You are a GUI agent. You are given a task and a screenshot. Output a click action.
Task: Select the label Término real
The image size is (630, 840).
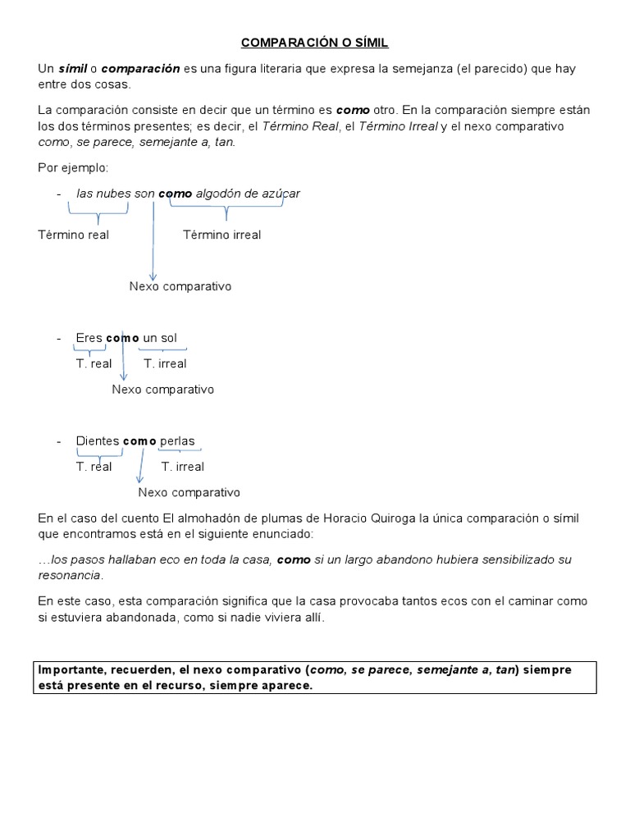coord(74,235)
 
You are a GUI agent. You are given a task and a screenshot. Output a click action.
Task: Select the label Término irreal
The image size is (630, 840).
coord(221,235)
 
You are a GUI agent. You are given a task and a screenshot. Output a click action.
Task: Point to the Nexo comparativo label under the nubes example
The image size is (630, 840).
coord(180,286)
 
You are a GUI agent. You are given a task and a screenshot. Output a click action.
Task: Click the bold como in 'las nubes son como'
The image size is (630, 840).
coord(175,194)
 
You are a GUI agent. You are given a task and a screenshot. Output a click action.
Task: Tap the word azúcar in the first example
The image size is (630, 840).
coord(281,194)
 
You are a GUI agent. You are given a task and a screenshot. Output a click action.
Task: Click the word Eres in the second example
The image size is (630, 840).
coord(89,338)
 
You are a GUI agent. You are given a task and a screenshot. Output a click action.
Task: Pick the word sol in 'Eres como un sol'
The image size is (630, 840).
coord(167,338)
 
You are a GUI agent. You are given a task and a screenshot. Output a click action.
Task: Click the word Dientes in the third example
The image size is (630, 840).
coord(98,441)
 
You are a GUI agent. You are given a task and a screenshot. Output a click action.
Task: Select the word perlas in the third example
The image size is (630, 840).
coord(177,441)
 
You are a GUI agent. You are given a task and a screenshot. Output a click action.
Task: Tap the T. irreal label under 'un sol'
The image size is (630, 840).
coord(165,363)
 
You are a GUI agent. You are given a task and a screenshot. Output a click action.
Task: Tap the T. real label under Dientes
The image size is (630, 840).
coord(94,467)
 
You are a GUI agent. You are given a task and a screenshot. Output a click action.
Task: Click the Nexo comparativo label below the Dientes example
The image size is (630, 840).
coord(189,492)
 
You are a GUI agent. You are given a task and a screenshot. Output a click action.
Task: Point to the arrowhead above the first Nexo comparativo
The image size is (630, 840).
coord(152,276)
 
